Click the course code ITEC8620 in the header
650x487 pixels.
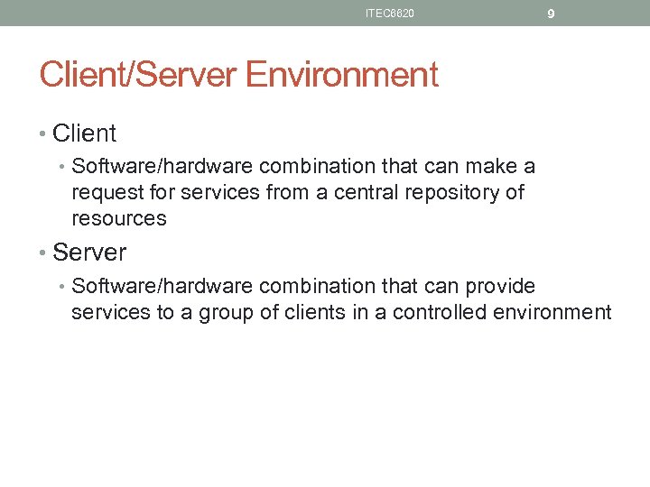point(390,14)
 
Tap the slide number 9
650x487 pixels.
point(551,14)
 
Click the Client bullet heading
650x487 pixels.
point(84,133)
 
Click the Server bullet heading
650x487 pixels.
point(89,252)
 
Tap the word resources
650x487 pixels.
point(119,218)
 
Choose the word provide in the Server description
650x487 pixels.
point(500,286)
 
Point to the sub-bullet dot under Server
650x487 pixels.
point(63,287)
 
